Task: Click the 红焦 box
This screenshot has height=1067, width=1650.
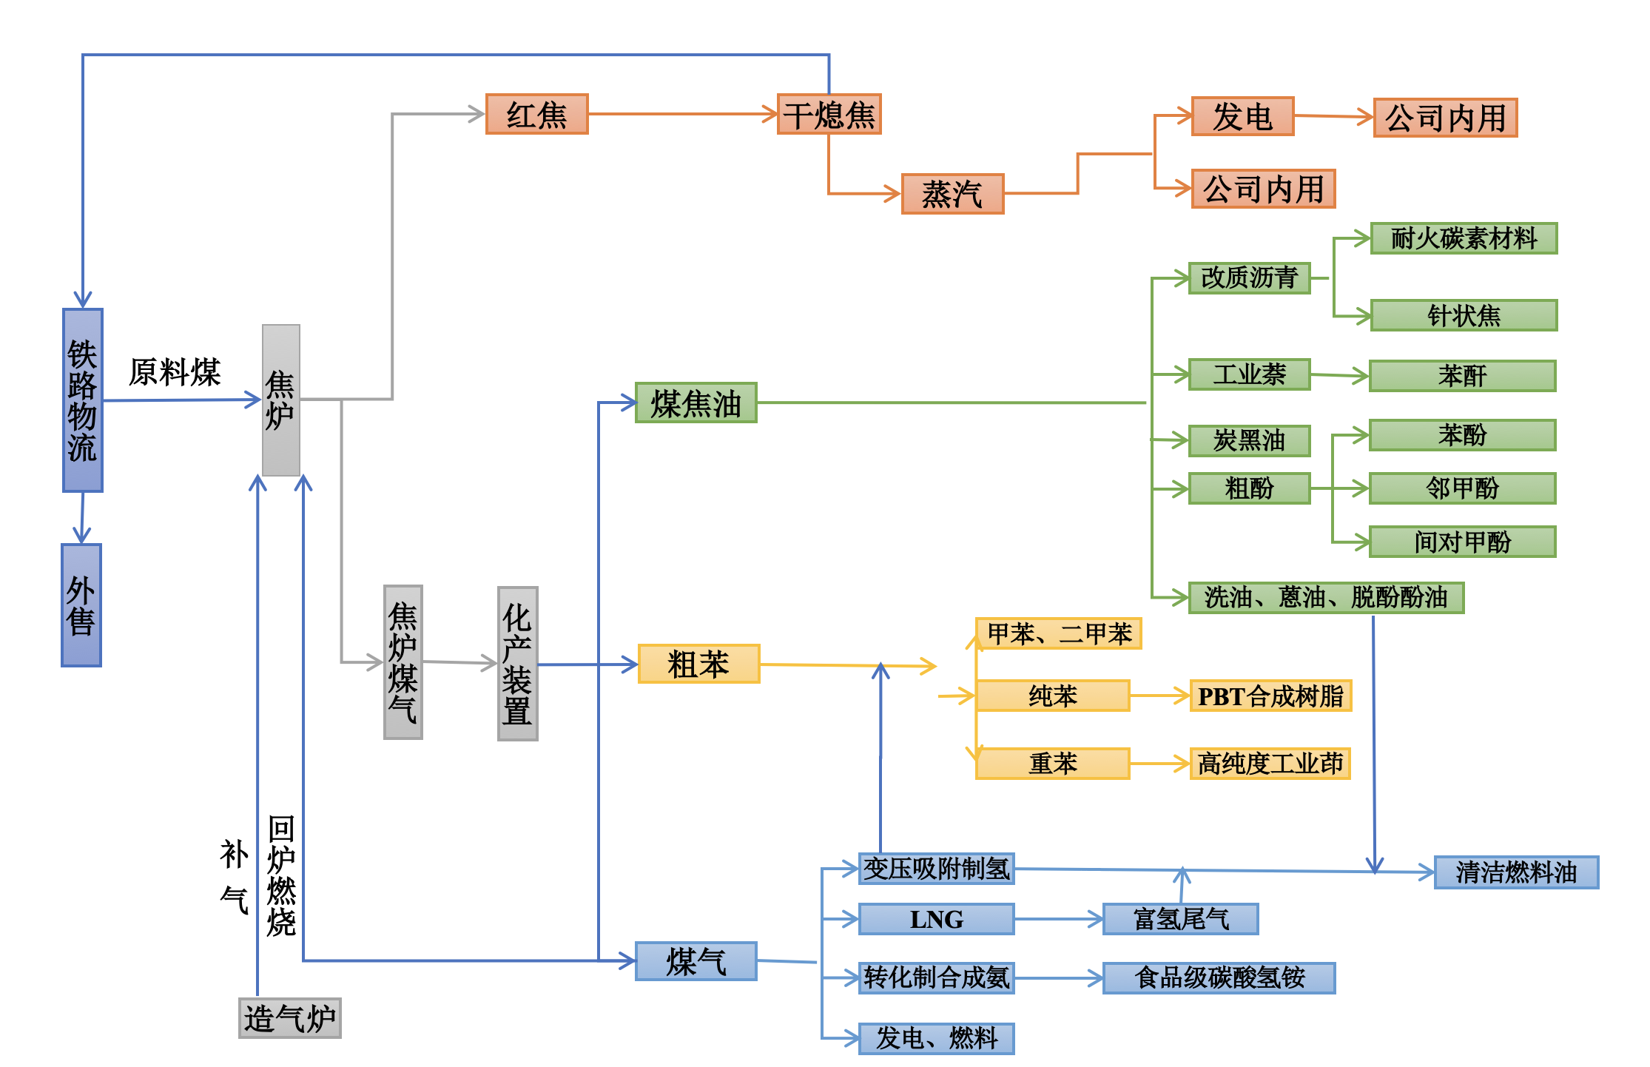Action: pyautogui.click(x=536, y=115)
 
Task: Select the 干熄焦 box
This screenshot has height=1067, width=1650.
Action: pyautogui.click(x=829, y=115)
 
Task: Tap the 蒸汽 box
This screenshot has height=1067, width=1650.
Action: pyautogui.click(x=952, y=194)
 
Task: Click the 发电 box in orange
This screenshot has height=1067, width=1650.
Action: pyautogui.click(x=1242, y=116)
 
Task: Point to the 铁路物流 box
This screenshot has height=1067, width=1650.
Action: pyautogui.click(x=82, y=400)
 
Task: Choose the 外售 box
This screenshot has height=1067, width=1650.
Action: pyautogui.click(x=81, y=605)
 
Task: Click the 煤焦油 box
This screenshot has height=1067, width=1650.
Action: pyautogui.click(x=696, y=403)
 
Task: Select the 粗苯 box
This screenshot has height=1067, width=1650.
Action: pyautogui.click(x=698, y=664)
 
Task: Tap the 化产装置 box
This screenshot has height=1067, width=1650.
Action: pyautogui.click(x=517, y=664)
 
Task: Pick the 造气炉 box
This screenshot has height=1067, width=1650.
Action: pyautogui.click(x=289, y=1018)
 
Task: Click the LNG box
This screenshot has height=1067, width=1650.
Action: pyautogui.click(x=936, y=919)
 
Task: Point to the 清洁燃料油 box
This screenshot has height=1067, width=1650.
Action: pyautogui.click(x=1516, y=872)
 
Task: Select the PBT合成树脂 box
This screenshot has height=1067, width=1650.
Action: pyautogui.click(x=1270, y=696)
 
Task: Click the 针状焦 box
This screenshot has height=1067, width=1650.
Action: pyautogui.click(x=1464, y=315)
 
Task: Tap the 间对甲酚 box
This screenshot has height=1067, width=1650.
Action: pyautogui.click(x=1462, y=542)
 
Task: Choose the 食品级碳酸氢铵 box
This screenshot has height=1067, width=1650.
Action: pyautogui.click(x=1219, y=977)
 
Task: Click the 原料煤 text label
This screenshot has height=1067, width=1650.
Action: pyautogui.click(x=175, y=371)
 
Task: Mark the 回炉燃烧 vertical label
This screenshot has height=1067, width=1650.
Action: pyautogui.click(x=281, y=876)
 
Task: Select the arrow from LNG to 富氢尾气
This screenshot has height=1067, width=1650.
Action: pyautogui.click(x=1058, y=919)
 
